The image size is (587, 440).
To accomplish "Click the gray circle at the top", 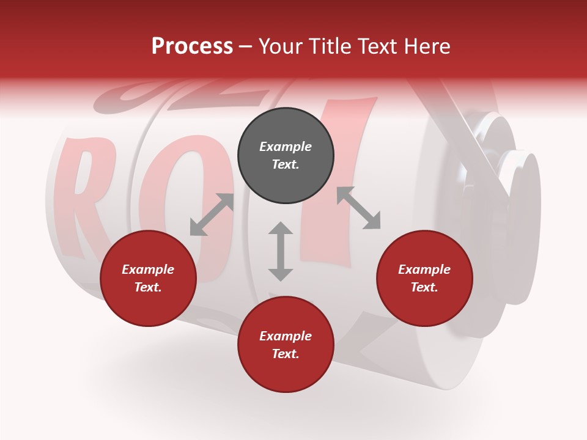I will (x=286, y=156).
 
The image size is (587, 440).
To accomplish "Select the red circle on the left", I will (x=148, y=279).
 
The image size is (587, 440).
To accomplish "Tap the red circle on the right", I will (x=424, y=279).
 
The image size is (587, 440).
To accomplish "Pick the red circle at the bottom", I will (x=286, y=345).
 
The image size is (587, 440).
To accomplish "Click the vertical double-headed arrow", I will (x=281, y=251).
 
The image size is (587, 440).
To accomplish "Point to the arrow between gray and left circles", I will (x=212, y=215).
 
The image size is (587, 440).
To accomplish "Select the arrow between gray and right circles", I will (x=358, y=208).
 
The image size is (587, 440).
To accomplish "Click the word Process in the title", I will (x=192, y=46).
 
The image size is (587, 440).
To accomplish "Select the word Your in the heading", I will (x=280, y=46).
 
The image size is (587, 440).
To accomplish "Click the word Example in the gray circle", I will (x=286, y=147).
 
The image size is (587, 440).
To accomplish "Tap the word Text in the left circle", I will (x=148, y=287).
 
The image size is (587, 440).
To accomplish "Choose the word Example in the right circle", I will (x=424, y=269).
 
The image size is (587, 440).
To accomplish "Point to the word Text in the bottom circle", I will (x=286, y=354).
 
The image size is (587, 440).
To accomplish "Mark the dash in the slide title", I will (x=245, y=46).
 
